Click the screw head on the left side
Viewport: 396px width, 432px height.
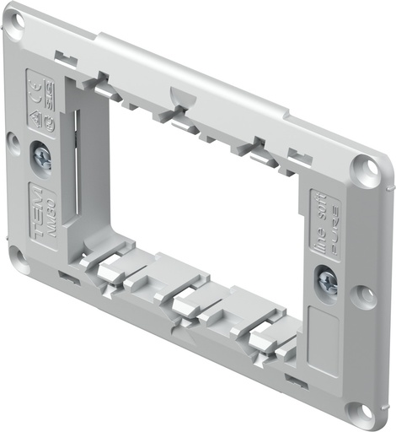pyautogui.click(x=40, y=157)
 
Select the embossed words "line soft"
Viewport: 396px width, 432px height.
pyautogui.click(x=318, y=218)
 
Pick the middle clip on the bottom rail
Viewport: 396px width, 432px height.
pyautogui.click(x=187, y=300)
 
